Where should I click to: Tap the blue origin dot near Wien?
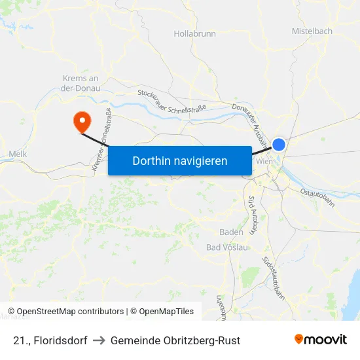pos(279,145)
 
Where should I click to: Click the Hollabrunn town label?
pos(194,33)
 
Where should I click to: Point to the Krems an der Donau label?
pos(81,83)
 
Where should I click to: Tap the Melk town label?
pos(17,154)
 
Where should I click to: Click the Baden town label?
pos(231,232)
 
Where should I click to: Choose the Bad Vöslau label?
pos(227,247)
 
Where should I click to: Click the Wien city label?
pos(264,162)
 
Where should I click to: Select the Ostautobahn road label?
pos(317,197)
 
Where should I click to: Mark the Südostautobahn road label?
pos(274,278)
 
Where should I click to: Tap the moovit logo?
pos(321,339)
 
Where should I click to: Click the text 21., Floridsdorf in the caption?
pos(50,340)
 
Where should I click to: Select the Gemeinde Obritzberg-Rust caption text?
pos(175,340)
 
